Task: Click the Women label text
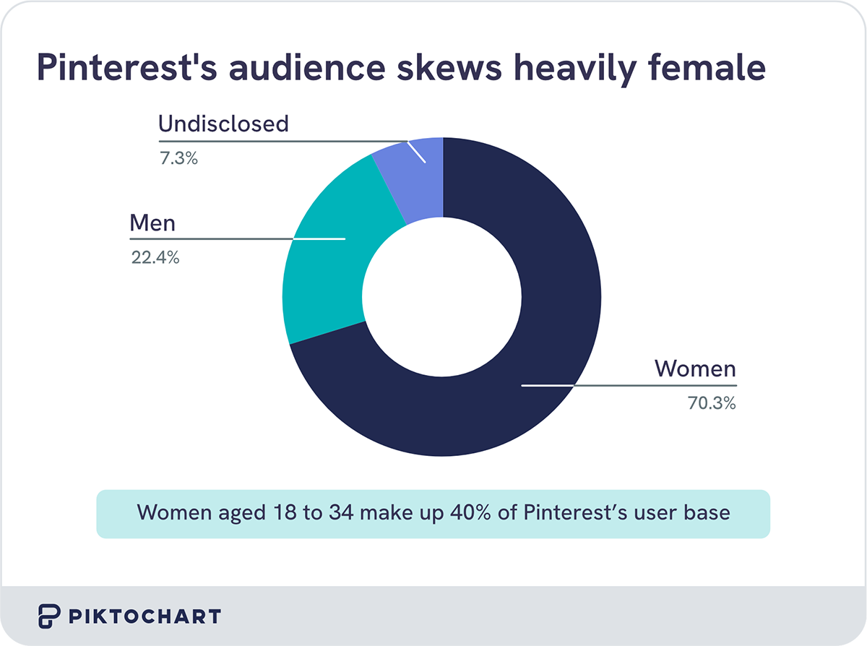[x=695, y=369]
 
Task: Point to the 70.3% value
[x=712, y=404]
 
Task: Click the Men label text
[x=152, y=223]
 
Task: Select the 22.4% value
[x=155, y=257]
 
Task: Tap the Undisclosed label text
[x=223, y=124]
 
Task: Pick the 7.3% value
[x=178, y=158]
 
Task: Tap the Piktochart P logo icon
[x=49, y=616]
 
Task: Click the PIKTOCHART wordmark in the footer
[x=144, y=616]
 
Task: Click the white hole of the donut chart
[x=441, y=297]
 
